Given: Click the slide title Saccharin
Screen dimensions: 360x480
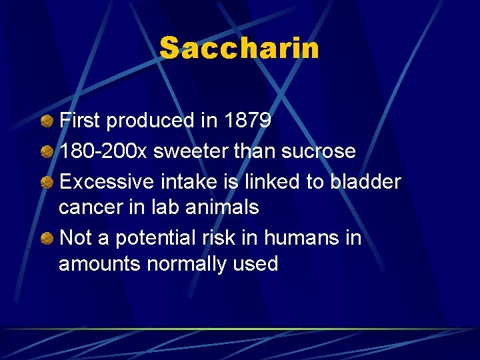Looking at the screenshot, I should pyautogui.click(x=239, y=49).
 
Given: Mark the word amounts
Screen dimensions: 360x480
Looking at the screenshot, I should pyautogui.click(x=100, y=264).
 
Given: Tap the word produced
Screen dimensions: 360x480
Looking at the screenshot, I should pyautogui.click(x=147, y=121).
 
